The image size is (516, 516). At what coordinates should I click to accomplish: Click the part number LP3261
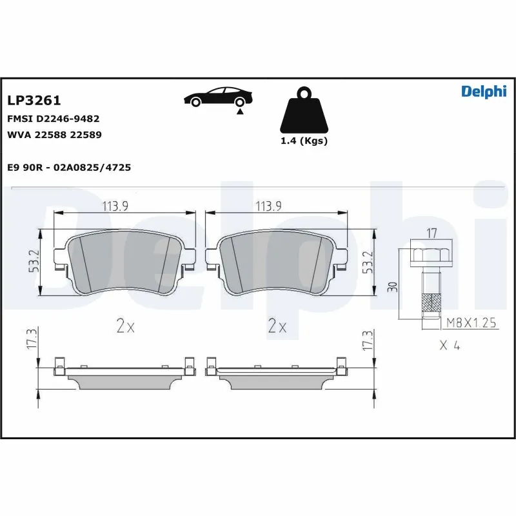click(x=34, y=101)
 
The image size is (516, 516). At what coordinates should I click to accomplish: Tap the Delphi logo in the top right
click(x=484, y=92)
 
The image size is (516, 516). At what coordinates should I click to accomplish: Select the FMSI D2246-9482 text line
click(x=53, y=119)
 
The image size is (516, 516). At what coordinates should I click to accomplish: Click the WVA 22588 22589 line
click(x=54, y=135)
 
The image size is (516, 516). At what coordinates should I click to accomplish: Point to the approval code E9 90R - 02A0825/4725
click(x=69, y=167)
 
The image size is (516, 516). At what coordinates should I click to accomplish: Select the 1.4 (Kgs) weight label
click(x=303, y=141)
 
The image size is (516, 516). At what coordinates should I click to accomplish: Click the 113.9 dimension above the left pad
click(x=116, y=206)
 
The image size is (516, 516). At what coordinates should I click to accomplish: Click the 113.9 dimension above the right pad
click(x=269, y=206)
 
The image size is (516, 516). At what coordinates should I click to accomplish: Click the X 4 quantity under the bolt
click(x=450, y=346)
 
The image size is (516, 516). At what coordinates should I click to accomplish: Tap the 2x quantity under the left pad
click(x=125, y=327)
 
